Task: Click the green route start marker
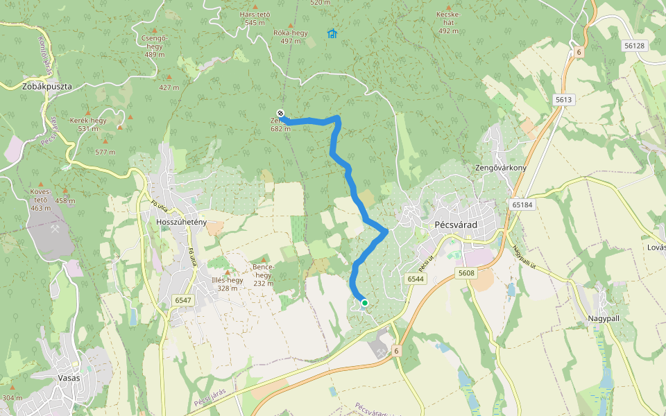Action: point(364,302)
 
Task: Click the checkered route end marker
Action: point(280,113)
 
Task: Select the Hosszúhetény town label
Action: point(182,222)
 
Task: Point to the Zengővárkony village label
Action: point(501,168)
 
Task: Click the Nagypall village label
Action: point(604,318)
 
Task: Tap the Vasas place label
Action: point(69,378)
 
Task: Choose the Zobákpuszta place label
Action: point(47,87)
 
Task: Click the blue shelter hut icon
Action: point(332,33)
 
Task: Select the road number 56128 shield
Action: point(634,45)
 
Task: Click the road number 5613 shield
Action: point(563,100)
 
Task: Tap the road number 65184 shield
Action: point(522,205)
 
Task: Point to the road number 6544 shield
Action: point(416,279)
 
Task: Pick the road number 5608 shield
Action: point(466,273)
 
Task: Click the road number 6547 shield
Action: point(183,300)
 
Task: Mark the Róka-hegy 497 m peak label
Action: point(290,37)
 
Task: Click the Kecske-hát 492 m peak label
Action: point(449,22)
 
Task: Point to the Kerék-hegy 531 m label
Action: point(88,124)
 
